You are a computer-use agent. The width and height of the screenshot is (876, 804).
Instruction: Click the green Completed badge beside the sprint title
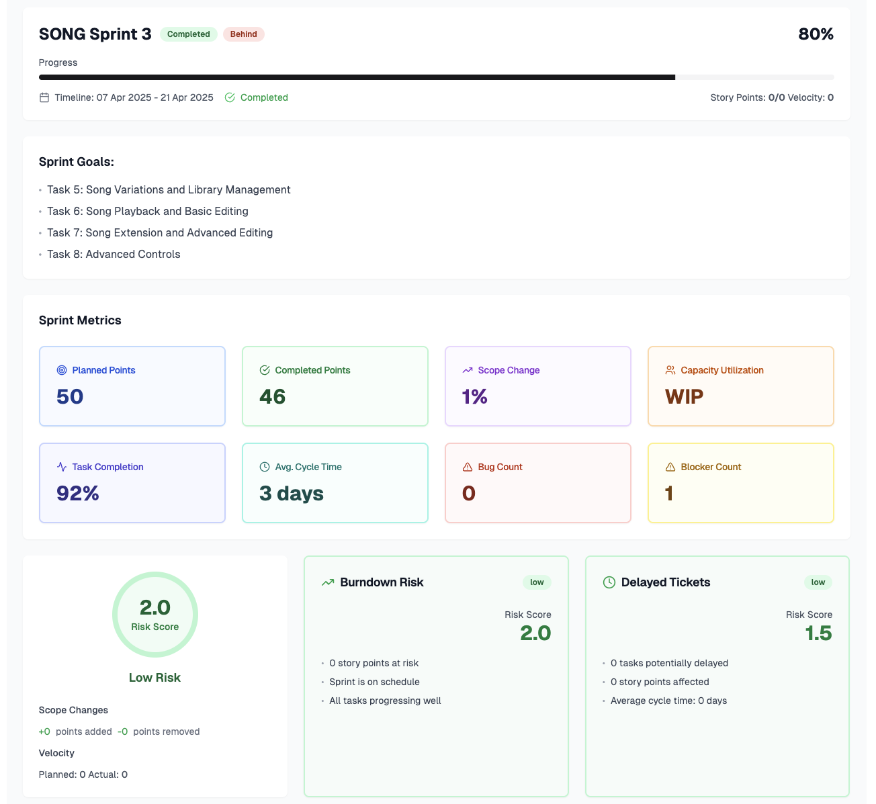coord(188,34)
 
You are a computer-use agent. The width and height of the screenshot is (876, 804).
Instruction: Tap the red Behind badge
coord(243,34)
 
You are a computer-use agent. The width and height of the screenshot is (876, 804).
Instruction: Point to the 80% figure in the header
coord(816,34)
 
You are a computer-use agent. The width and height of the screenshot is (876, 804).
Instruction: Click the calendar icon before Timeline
coord(44,97)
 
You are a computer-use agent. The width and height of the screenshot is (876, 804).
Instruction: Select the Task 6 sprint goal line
coord(147,211)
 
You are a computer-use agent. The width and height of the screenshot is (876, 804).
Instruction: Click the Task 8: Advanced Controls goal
coord(114,254)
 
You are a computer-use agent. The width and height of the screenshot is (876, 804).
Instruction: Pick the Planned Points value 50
coord(70,397)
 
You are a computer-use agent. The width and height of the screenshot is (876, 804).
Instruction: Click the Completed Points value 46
coord(272,397)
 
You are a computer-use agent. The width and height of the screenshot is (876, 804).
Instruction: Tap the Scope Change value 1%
coord(474,397)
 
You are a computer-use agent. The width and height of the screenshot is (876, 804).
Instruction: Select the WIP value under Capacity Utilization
coord(684,397)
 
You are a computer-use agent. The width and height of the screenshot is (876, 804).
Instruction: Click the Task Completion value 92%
coord(78,494)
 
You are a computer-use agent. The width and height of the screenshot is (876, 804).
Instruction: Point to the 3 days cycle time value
coord(292,494)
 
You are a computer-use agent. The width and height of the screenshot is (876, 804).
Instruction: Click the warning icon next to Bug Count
coord(468,467)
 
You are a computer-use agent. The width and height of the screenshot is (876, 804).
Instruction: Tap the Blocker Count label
coord(711,467)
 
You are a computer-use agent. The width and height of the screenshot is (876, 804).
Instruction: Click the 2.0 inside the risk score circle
coord(155,608)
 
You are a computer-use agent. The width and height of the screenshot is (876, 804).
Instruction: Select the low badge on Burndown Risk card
coord(537,582)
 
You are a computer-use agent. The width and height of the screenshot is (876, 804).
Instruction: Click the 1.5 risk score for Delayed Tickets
coord(818,633)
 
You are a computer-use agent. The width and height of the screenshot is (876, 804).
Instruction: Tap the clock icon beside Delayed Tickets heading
coord(609,582)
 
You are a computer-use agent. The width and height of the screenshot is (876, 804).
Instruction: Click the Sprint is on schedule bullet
coord(374,682)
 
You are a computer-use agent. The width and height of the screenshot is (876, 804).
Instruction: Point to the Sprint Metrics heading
coord(80,320)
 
